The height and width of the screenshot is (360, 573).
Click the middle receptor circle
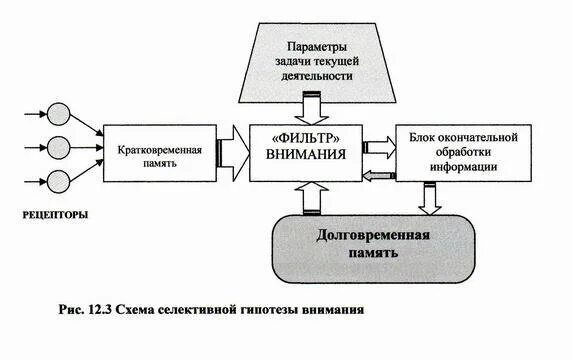pos(58,147)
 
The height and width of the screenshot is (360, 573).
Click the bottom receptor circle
pos(58,180)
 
